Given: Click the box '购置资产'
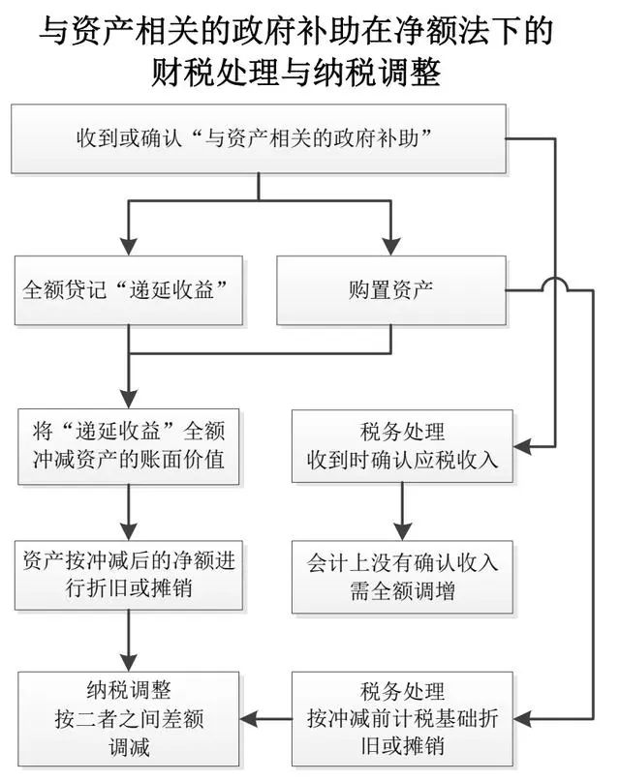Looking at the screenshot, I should [391, 289].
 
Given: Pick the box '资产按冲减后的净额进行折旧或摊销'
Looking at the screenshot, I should [129, 576].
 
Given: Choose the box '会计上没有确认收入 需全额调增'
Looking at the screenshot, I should [402, 576].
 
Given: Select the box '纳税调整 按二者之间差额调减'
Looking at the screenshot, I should [129, 718].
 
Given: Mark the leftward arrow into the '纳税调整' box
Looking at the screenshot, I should [255, 718].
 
